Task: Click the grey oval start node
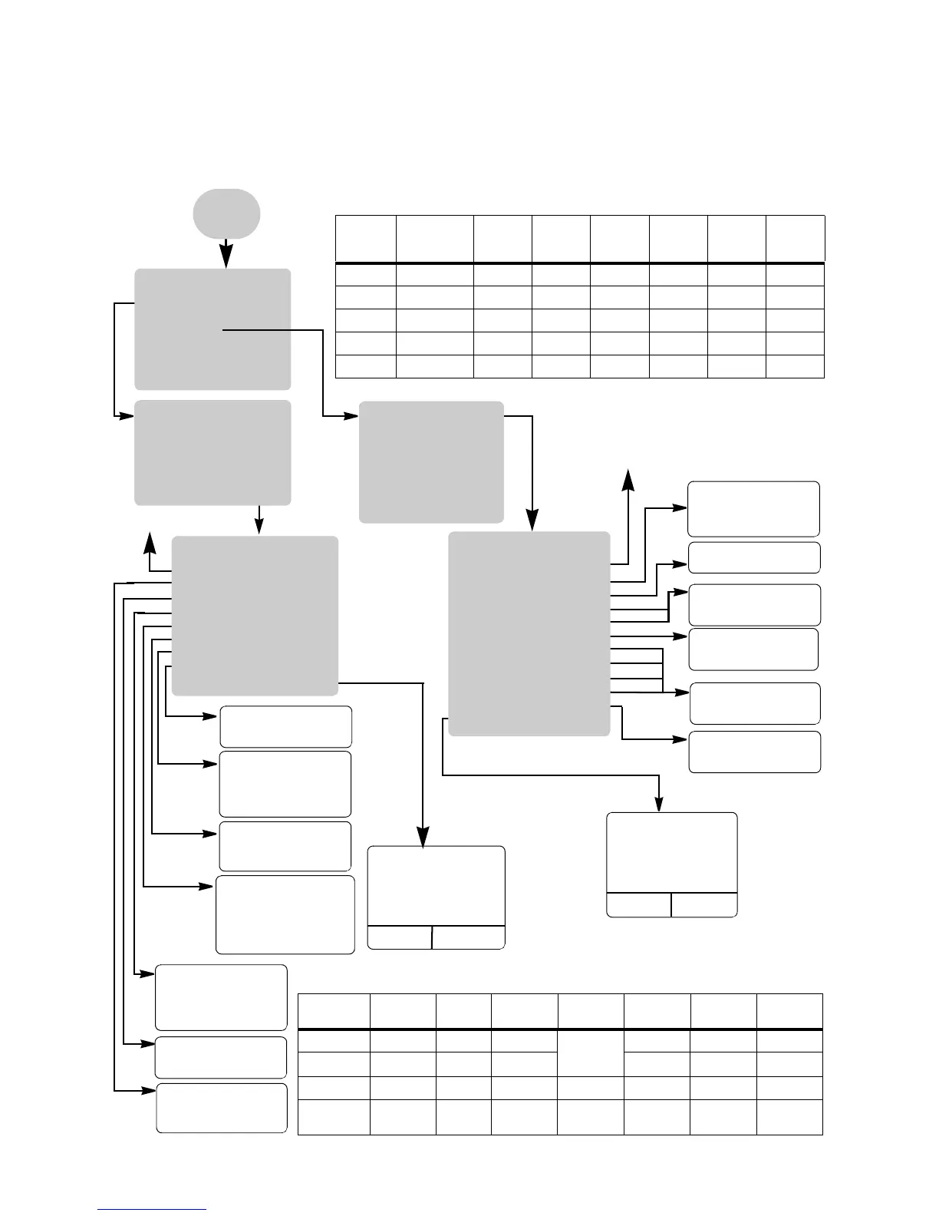pos(226,213)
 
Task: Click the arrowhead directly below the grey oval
pos(226,259)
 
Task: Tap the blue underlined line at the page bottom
pos(152,1210)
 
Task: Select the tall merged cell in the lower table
pos(590,1052)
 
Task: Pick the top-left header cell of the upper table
pos(366,239)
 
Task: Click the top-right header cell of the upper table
pos(795,239)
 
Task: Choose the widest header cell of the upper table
pos(434,239)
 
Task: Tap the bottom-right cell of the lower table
pos(789,1117)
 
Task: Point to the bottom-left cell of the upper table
pos(366,366)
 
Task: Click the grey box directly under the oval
pos(213,329)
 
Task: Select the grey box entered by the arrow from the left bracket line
pos(213,452)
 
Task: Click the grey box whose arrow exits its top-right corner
pos(431,461)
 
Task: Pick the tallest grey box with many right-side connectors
pos(529,633)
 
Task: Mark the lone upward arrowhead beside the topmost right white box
pos(628,479)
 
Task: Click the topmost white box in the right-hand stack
pos(753,508)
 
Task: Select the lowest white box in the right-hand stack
pos(755,752)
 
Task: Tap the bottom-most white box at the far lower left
pos(222,1108)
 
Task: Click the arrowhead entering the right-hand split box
pos(660,804)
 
